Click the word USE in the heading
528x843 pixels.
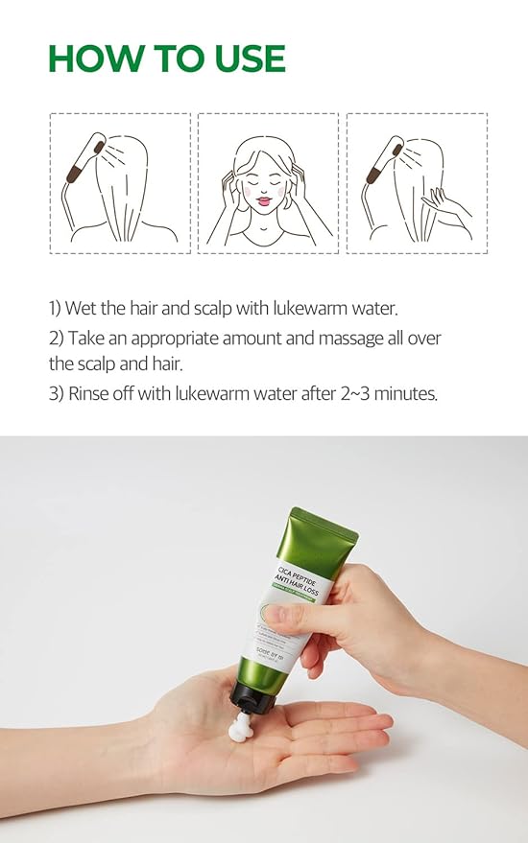point(243,59)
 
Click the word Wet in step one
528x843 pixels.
point(84,309)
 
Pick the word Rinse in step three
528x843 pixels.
point(88,394)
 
